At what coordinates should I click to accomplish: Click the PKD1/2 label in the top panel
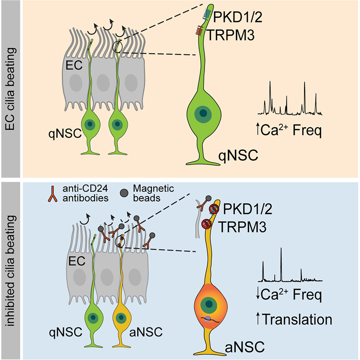[237, 17]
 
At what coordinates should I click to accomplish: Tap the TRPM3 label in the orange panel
[231, 35]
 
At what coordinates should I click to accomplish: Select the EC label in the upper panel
[74, 65]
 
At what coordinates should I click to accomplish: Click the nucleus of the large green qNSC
[203, 113]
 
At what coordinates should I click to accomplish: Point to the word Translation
[297, 320]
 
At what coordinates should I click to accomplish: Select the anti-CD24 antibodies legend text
[85, 193]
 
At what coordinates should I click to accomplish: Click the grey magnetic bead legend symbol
[124, 193]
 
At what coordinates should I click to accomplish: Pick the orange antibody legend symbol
[52, 194]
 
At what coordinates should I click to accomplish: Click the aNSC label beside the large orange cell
[245, 347]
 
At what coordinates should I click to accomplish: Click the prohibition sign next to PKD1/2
[214, 209]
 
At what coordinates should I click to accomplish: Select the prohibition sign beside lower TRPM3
[206, 224]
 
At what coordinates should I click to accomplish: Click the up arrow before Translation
[258, 319]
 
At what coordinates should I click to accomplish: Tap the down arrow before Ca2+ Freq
[258, 294]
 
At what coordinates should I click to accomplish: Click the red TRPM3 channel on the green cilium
[199, 30]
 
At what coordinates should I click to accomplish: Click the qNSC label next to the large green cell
[238, 156]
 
